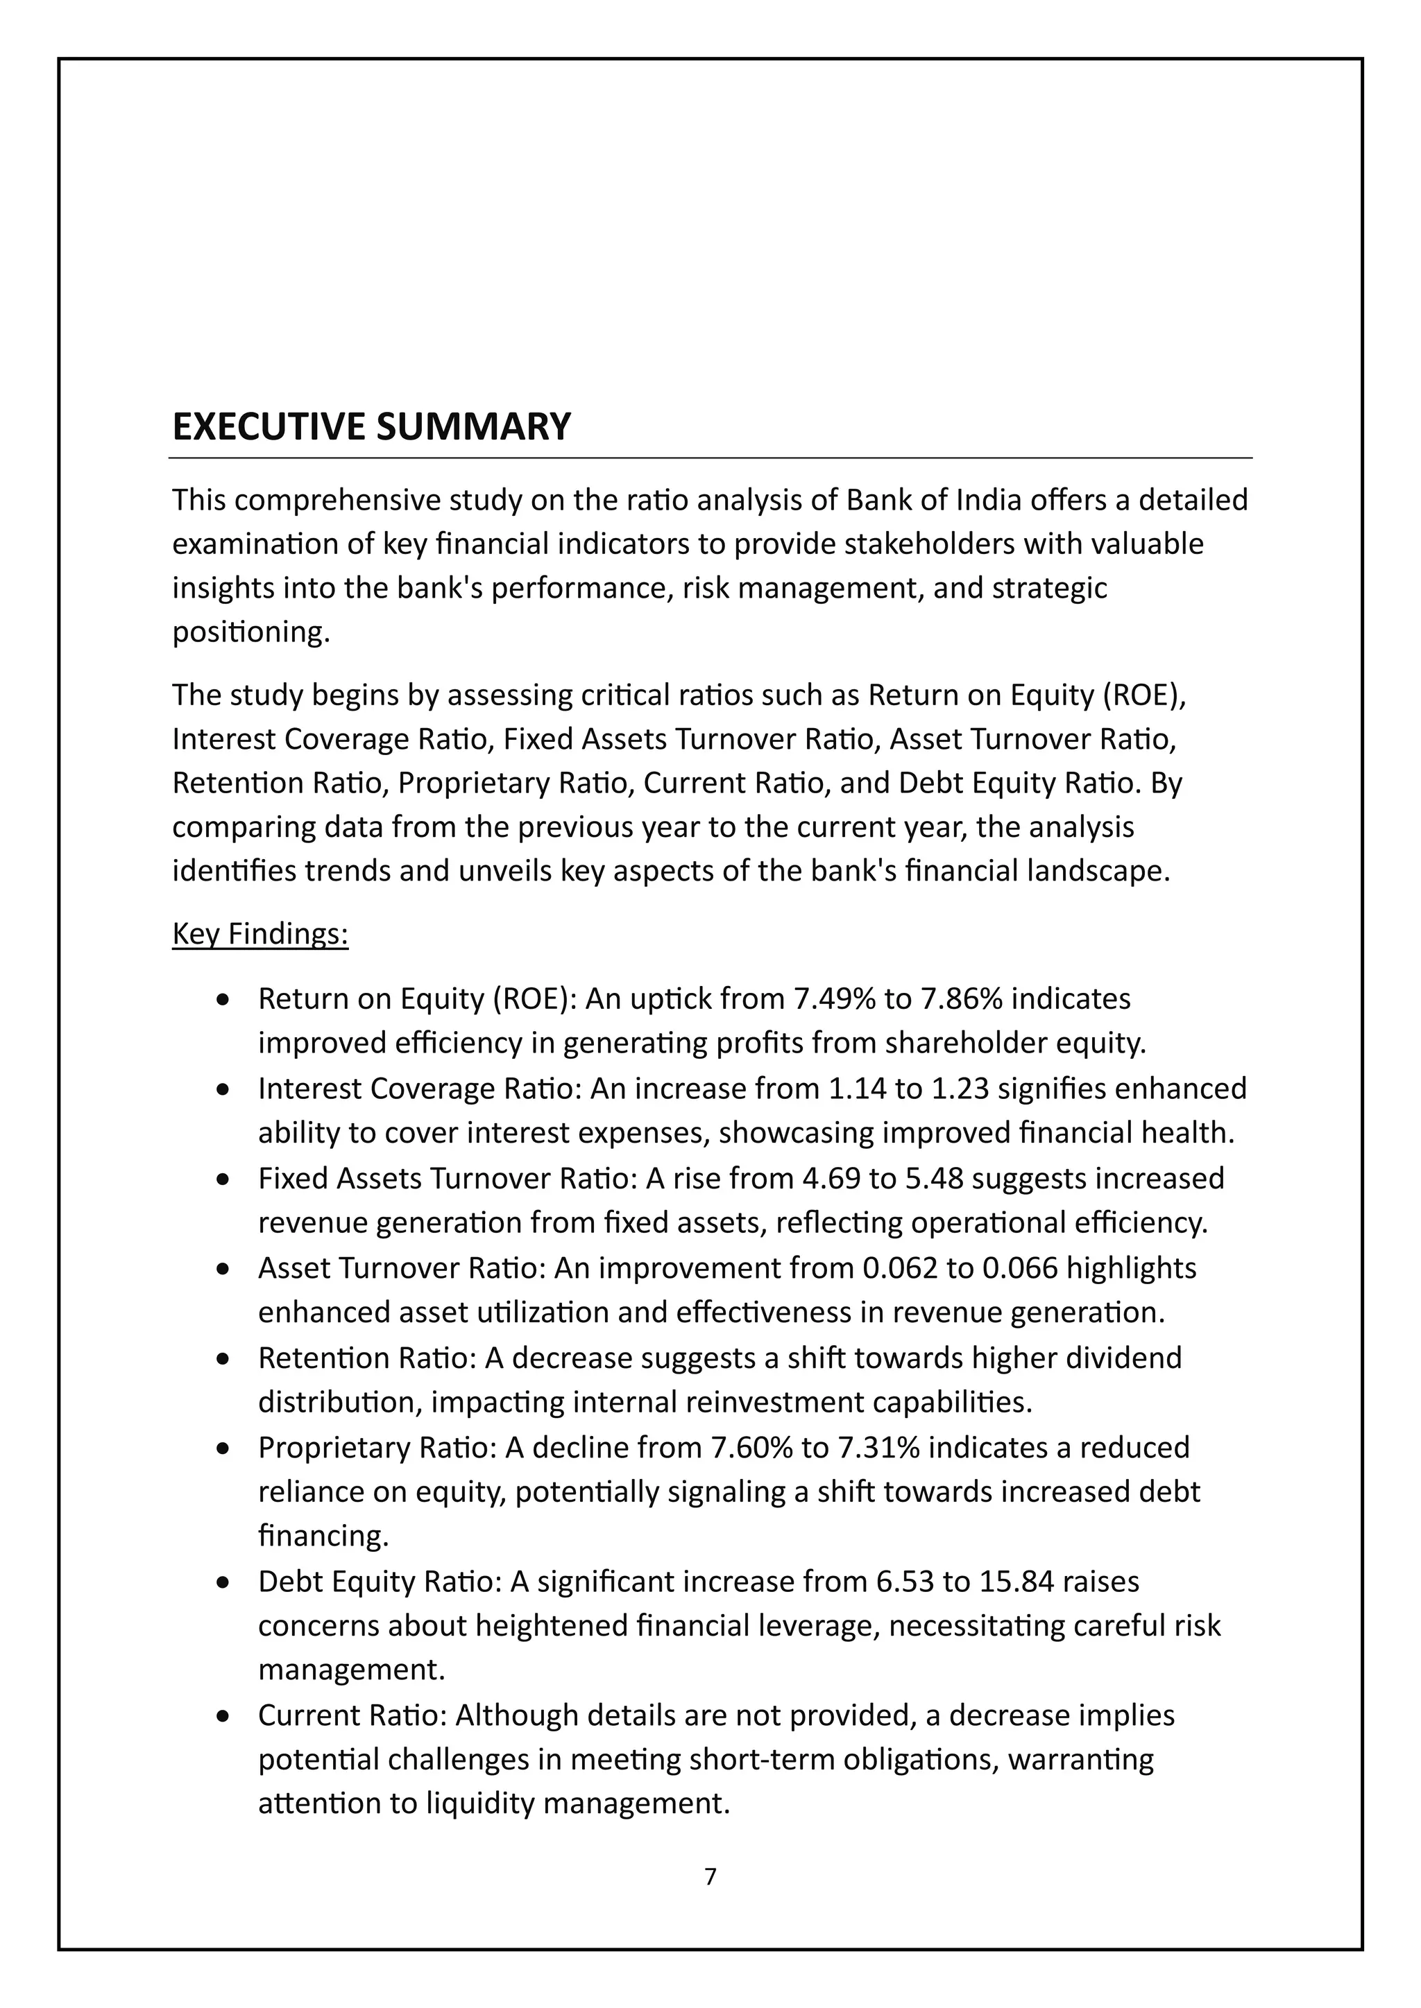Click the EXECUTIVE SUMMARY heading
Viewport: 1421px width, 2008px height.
tap(371, 427)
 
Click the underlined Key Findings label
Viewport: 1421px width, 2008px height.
tap(260, 934)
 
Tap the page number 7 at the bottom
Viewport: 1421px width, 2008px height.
tap(710, 1876)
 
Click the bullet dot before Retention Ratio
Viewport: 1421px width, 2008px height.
tap(224, 1359)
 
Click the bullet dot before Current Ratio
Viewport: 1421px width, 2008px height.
tap(224, 1717)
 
